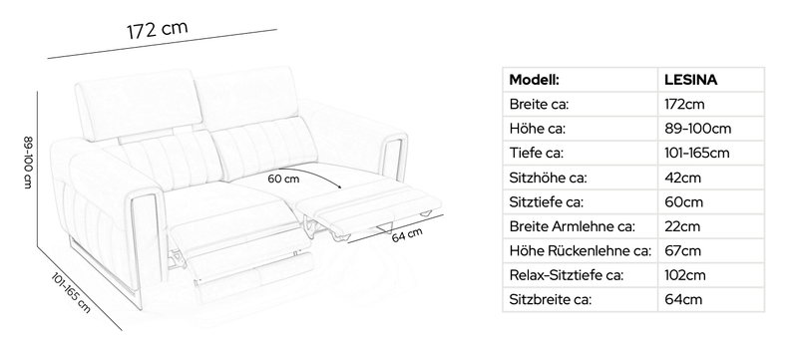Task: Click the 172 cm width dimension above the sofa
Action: [158, 30]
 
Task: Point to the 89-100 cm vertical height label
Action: [28, 163]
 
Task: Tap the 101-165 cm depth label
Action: [71, 292]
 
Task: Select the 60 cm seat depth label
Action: [283, 179]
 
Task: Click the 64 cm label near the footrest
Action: [407, 235]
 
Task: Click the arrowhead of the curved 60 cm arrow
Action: [338, 187]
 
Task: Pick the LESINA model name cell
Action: [690, 80]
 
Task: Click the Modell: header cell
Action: [535, 80]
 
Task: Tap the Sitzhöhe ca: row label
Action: [548, 178]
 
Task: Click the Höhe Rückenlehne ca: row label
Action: [581, 250]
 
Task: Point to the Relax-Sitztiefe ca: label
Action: [566, 275]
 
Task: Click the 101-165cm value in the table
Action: [696, 153]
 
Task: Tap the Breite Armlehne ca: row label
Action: [572, 226]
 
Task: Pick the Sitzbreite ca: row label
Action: [551, 299]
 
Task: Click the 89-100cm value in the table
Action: [697, 129]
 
